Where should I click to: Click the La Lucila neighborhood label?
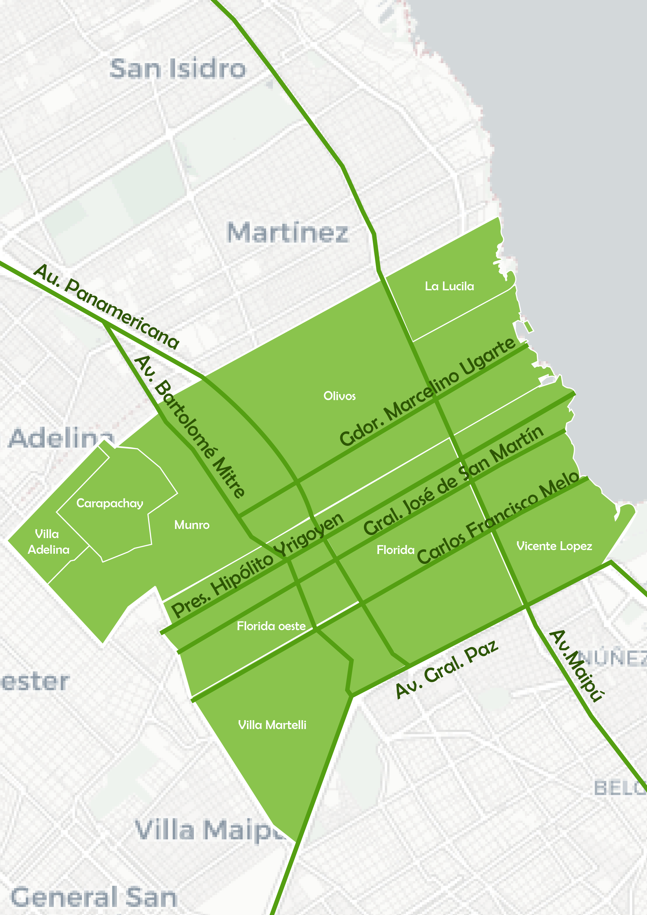449,286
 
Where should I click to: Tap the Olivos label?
339,396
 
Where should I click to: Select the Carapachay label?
110,503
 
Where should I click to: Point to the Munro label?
192,525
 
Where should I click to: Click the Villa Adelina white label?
48,541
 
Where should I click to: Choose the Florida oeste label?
271,626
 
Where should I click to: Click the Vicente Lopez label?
554,546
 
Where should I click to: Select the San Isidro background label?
177,69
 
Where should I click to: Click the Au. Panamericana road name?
106,307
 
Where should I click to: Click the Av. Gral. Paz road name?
446,670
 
